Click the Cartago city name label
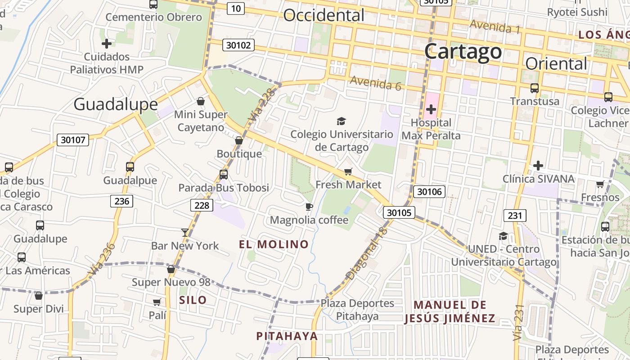(463, 51)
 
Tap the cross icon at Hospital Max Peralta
(431, 109)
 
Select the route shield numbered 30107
(73, 140)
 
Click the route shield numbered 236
(121, 201)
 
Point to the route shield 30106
(429, 192)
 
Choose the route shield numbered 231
(514, 216)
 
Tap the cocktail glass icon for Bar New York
(185, 232)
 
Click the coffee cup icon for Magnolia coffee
(309, 207)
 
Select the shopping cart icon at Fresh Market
(348, 171)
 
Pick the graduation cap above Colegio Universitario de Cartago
(341, 121)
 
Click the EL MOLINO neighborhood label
(274, 244)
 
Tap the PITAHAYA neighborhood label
(287, 336)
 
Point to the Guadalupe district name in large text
(116, 104)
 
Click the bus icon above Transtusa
(534, 88)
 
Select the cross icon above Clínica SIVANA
(538, 166)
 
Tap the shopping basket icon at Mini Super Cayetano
(201, 101)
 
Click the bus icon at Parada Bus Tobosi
(224, 175)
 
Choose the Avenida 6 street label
(375, 83)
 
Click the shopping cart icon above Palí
(157, 302)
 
